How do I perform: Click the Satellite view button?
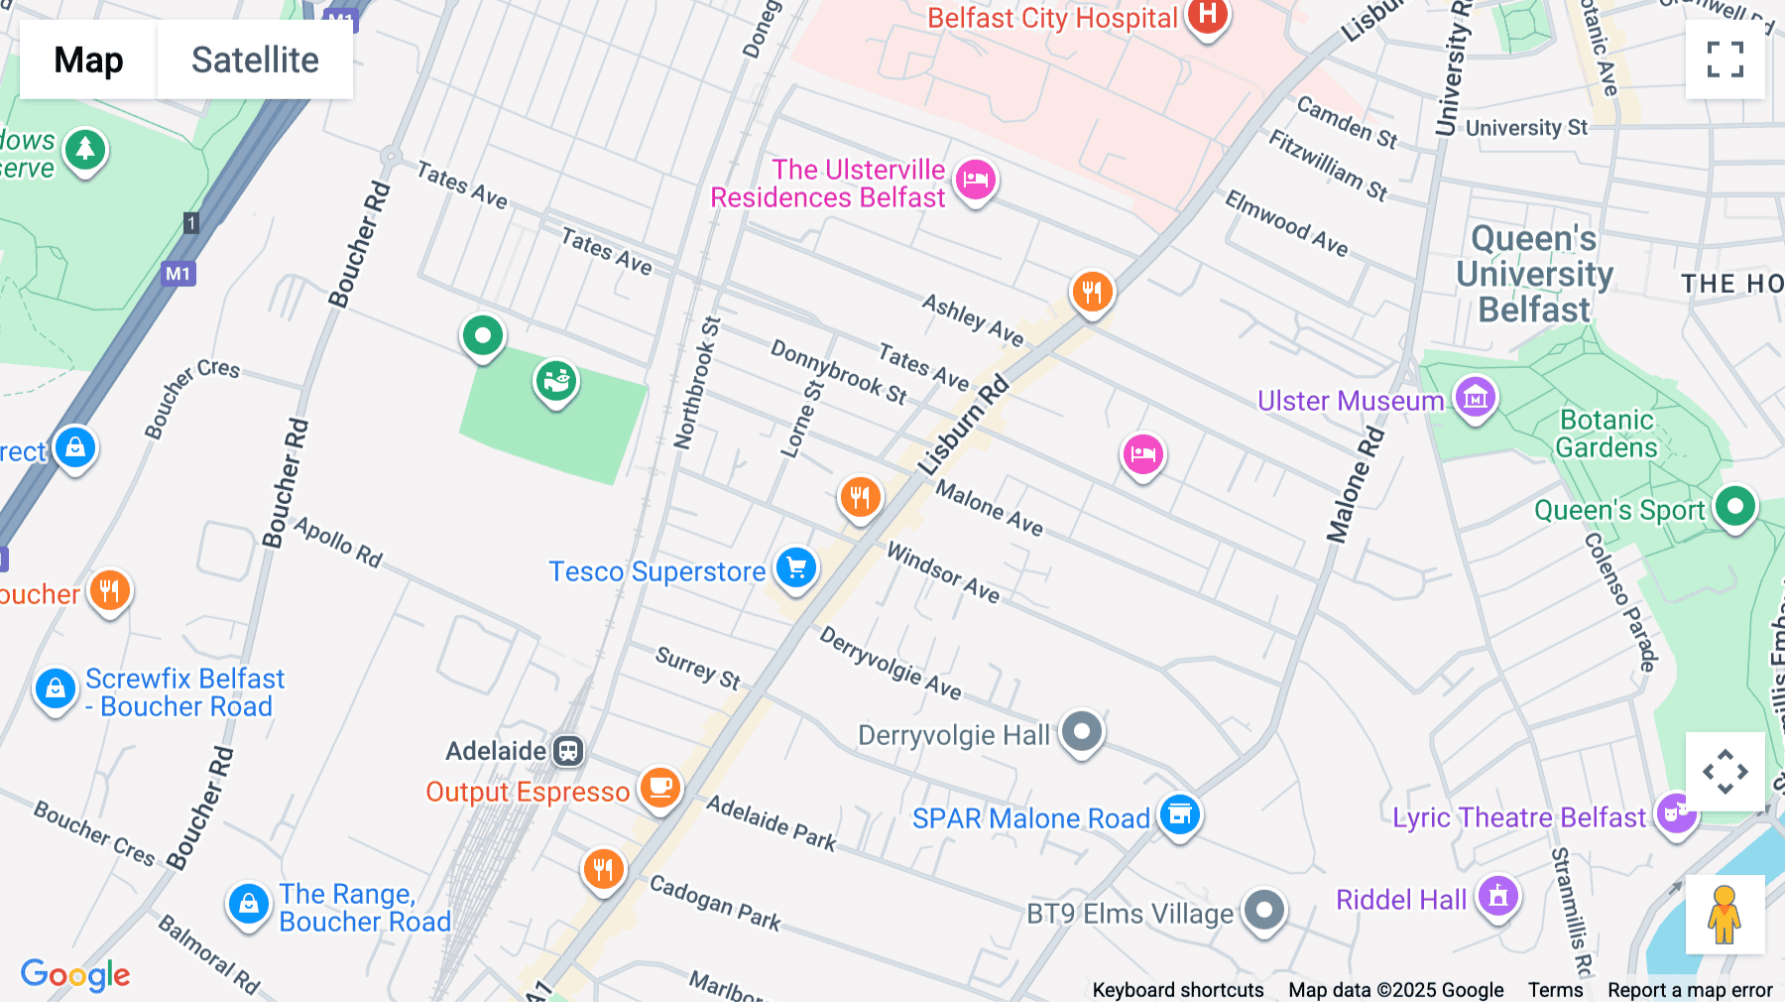255,60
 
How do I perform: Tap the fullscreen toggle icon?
1725,60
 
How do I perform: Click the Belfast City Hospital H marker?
1207,16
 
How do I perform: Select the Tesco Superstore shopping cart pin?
796,568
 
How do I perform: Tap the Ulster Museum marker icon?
1475,399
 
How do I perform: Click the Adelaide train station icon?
568,751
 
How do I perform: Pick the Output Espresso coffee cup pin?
659,789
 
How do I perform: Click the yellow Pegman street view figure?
1725,915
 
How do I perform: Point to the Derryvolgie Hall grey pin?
1082,733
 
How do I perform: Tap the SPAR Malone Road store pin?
1179,815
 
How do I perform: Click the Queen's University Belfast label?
1534,275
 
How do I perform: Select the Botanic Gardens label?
1606,434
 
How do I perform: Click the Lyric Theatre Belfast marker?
1676,814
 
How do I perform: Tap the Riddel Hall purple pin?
1497,896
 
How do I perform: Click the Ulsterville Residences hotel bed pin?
975,181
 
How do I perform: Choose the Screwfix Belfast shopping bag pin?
56,688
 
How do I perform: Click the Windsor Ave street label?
942,572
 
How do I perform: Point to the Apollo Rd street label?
338,542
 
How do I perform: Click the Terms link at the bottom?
1555,989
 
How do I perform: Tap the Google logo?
75,974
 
